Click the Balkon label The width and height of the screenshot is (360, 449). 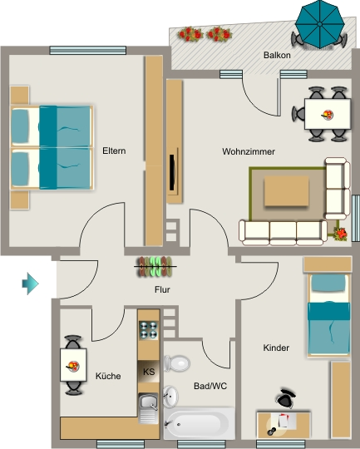pos(277,55)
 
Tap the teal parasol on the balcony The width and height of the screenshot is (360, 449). pos(319,24)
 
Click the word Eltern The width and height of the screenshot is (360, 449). pos(114,150)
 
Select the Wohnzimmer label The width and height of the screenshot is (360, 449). pos(249,151)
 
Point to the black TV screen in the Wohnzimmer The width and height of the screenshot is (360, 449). pos(172,173)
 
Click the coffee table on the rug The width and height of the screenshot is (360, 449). pos(286,191)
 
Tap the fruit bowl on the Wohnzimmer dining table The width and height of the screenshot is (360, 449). pos(328,115)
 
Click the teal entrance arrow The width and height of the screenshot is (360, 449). pos(31,284)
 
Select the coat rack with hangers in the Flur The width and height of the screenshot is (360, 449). pos(155,267)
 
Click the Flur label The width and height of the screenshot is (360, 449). pos(162,289)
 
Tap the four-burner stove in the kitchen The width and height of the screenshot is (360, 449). pos(149,330)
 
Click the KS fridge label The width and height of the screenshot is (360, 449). pos(149,372)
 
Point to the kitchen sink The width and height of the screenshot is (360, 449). pos(148,408)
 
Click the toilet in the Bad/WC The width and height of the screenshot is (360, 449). pos(177,363)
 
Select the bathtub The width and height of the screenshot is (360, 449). pos(200,423)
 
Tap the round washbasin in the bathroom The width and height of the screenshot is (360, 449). pos(170,397)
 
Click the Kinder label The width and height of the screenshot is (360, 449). pos(276,348)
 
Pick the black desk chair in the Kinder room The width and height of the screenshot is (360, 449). pos(285,398)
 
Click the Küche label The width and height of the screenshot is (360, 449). pos(108,376)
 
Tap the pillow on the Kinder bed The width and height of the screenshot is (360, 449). pos(328,284)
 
